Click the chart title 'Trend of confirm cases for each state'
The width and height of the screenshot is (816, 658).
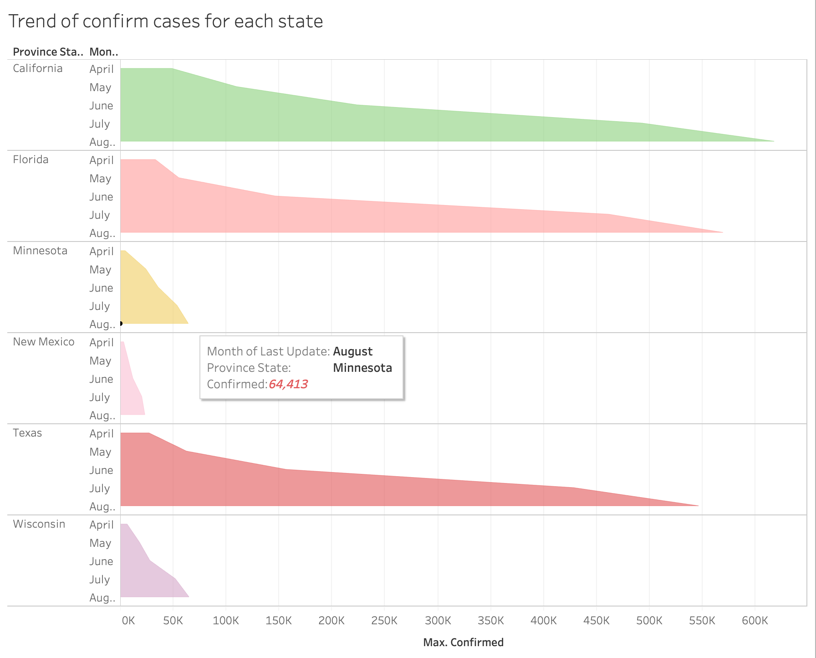click(x=166, y=21)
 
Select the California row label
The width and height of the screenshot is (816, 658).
click(x=38, y=68)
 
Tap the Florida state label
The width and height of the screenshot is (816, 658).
click(x=31, y=159)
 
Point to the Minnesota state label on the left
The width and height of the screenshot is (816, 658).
click(x=40, y=251)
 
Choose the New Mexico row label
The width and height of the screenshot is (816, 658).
click(x=44, y=342)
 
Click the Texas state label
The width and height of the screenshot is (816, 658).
click(x=27, y=433)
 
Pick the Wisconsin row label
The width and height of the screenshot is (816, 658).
click(x=39, y=524)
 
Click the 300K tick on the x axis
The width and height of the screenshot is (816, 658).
click(x=438, y=621)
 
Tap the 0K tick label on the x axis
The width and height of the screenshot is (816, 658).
click(x=128, y=621)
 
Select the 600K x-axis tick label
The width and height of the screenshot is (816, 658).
click(x=755, y=621)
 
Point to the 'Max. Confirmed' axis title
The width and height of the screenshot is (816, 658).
click(x=464, y=643)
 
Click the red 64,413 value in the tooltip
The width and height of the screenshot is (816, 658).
click(x=288, y=384)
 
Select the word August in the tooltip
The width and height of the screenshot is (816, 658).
click(x=353, y=352)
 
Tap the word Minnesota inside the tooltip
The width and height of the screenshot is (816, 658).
click(x=362, y=368)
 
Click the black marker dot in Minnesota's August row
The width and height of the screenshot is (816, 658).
click(x=121, y=324)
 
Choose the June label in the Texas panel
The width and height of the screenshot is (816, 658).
click(x=101, y=470)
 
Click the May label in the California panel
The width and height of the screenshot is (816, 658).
click(x=100, y=87)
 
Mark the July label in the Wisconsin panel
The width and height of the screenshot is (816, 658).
click(x=100, y=580)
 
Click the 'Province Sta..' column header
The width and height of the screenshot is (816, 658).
click(x=48, y=52)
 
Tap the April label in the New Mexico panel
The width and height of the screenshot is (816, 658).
click(x=102, y=343)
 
